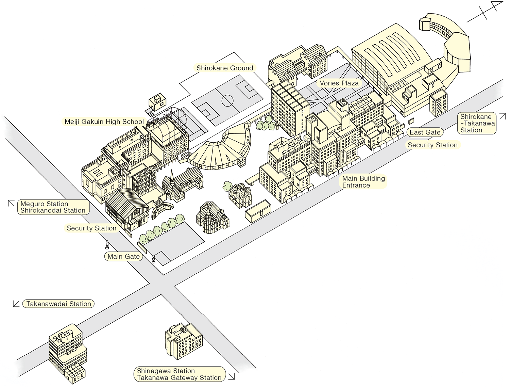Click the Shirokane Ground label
(225, 68)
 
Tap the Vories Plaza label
(339, 83)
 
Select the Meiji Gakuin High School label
(104, 122)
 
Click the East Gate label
(425, 132)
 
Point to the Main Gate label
(123, 257)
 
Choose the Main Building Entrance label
(363, 182)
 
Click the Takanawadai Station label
(58, 304)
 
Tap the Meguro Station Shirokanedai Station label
(53, 207)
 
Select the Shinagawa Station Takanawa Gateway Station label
(179, 374)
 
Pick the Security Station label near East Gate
(432, 145)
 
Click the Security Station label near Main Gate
(91, 228)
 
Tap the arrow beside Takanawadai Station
(16, 304)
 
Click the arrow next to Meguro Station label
(11, 204)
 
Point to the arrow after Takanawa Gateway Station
(232, 376)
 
